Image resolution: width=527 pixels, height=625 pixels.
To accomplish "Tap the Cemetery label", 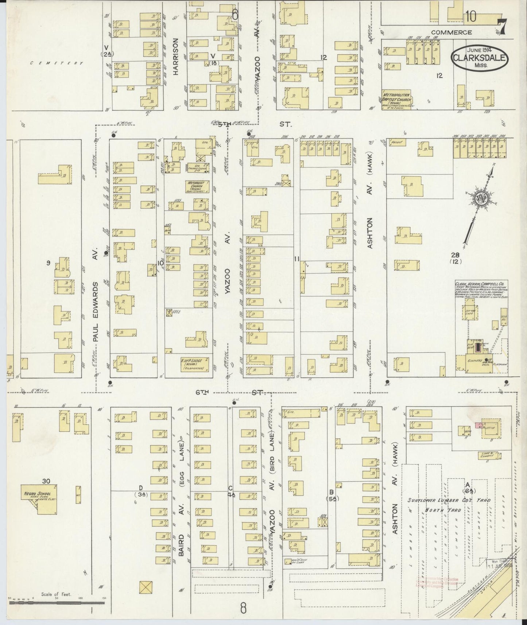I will pyautogui.click(x=57, y=63).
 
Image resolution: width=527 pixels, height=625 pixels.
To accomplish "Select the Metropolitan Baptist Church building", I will pyautogui.click(x=397, y=100).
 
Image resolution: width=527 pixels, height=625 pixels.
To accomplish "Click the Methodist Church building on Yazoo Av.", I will pyautogui.click(x=198, y=186).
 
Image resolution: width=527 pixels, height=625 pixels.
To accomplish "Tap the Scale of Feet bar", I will pyautogui.click(x=57, y=603).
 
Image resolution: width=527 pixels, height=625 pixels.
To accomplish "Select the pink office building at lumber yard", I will pyautogui.click(x=478, y=426).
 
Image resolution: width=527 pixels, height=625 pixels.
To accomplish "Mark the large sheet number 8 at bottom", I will pyautogui.click(x=243, y=608).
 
